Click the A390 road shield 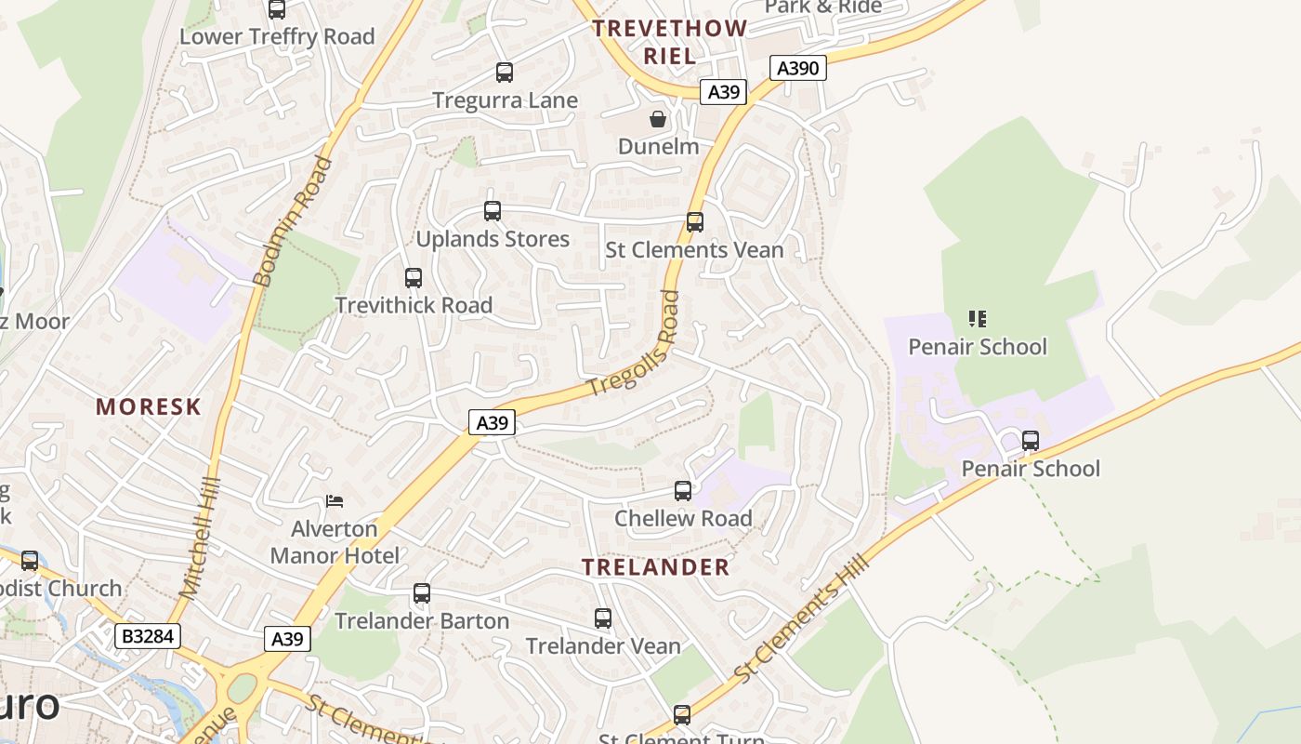pos(798,68)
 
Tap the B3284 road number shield pos(148,636)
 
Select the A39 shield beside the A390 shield pos(723,91)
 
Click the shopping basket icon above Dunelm pos(658,119)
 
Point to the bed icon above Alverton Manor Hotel pos(335,501)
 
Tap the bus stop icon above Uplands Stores pos(493,211)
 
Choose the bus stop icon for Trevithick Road pos(414,277)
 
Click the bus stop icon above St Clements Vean pos(695,222)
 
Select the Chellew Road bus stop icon pos(683,490)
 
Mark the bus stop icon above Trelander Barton pos(422,592)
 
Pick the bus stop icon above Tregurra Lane pos(505,72)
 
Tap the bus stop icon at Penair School pos(1031,440)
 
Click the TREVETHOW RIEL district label pos(669,42)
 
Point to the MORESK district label pos(149,406)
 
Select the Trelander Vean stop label pos(603,645)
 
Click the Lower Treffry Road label pos(277,37)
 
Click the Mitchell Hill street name pos(200,537)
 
